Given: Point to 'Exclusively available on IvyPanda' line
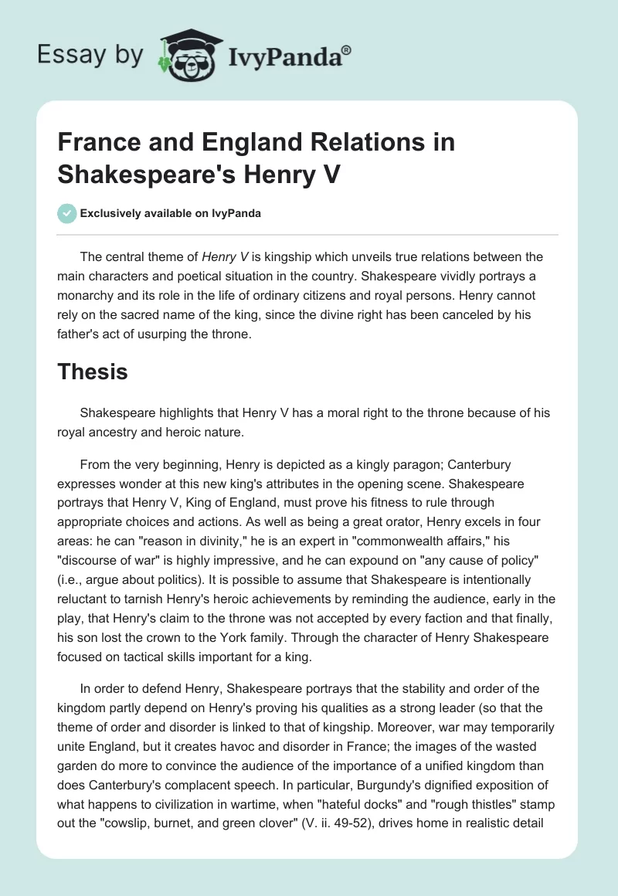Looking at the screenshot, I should [x=169, y=214].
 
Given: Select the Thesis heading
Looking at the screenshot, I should [x=93, y=372].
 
